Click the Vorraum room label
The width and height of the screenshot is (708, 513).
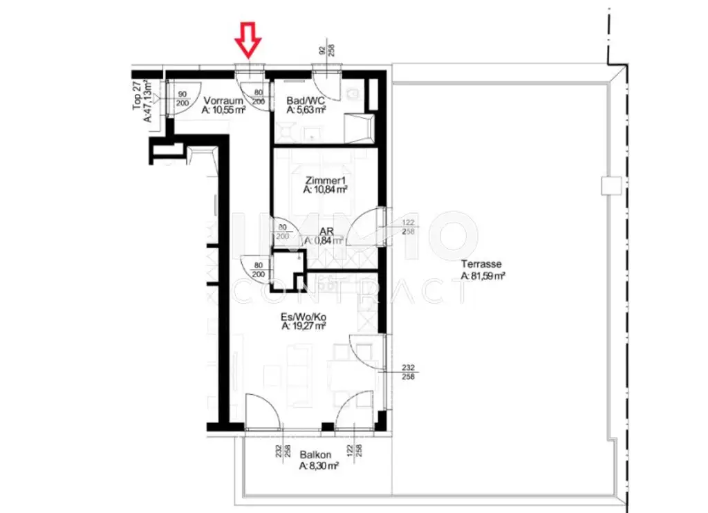[x=223, y=100]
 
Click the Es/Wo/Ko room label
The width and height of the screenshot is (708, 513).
[x=304, y=319]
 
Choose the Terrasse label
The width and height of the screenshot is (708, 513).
[x=482, y=264]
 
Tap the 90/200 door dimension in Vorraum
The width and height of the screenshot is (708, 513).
[x=184, y=99]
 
